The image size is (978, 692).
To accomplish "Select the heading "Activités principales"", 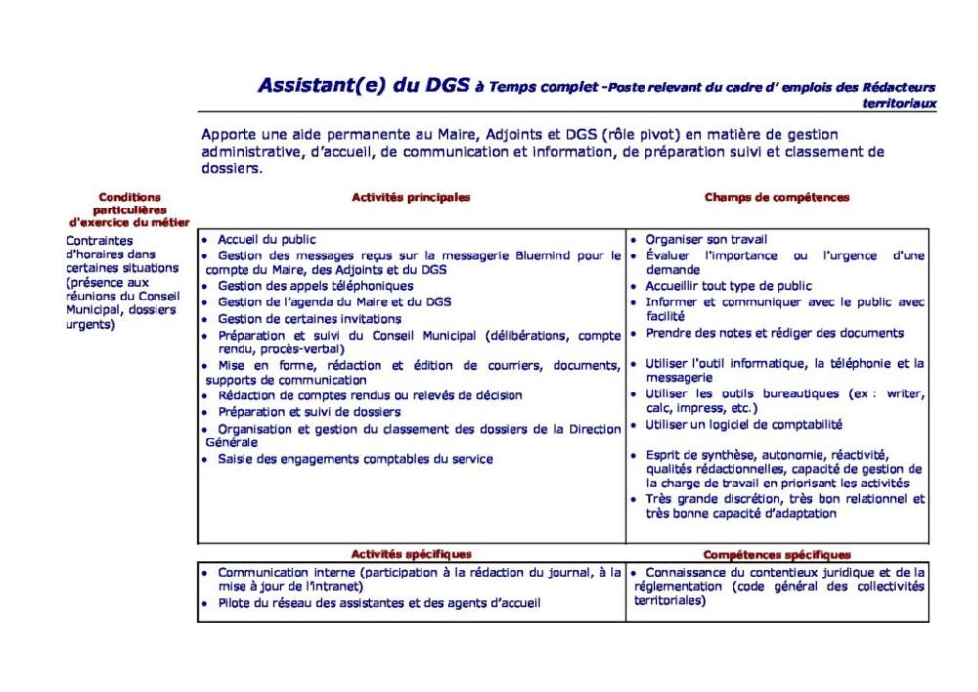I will (x=411, y=197).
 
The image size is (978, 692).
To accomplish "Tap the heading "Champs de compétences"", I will (x=778, y=197).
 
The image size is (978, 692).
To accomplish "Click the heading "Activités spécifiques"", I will (x=411, y=554).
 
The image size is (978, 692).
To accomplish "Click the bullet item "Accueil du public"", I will (x=266, y=238).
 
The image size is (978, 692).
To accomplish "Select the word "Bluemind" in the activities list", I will (x=558, y=255).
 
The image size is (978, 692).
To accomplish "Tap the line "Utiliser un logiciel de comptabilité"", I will (x=744, y=424).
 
